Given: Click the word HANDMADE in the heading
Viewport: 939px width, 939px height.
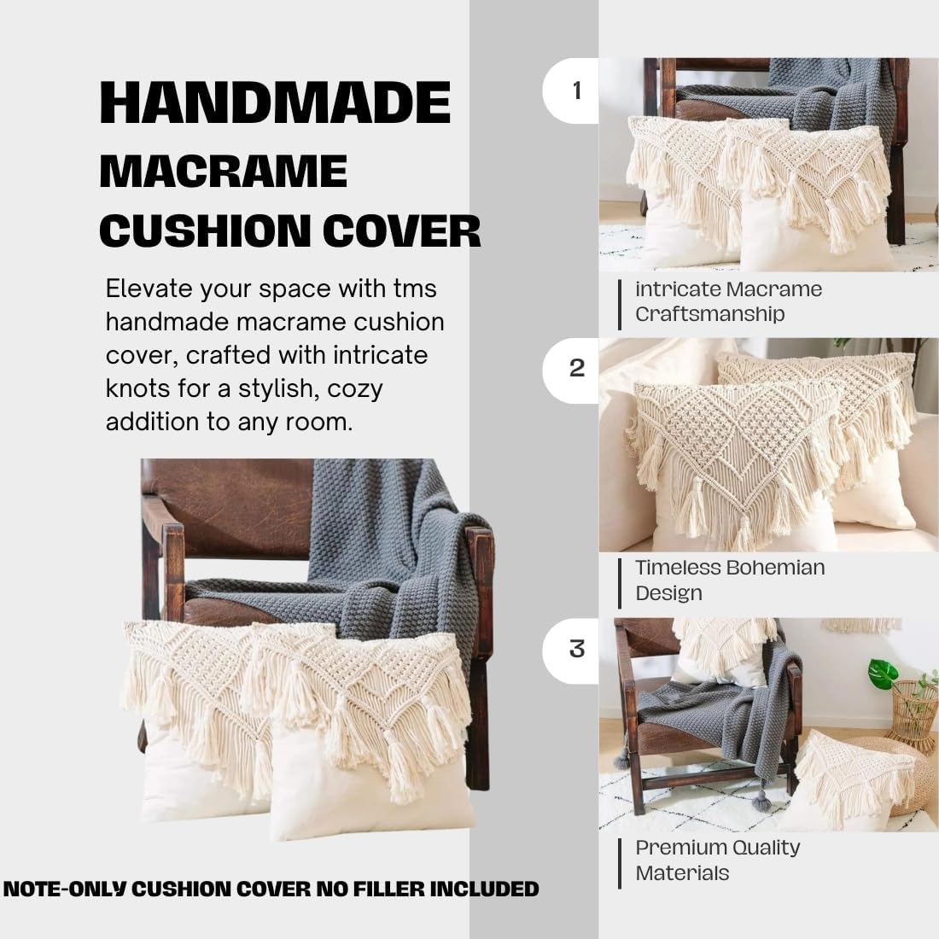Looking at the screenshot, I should [275, 103].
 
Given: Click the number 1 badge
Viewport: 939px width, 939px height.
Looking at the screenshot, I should [577, 90].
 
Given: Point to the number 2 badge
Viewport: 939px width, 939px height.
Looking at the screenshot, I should [577, 369].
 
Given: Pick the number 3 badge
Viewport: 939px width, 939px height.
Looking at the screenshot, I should [577, 649].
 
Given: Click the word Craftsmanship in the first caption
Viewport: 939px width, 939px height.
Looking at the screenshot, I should [709, 314].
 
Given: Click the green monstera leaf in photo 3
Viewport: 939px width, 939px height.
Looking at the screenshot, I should [883, 674].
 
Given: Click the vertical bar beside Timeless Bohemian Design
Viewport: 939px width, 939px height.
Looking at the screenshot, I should [621, 581].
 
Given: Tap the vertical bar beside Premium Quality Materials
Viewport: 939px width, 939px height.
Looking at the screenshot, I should [621, 861].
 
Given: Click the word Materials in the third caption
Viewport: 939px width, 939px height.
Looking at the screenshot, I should [682, 873].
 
